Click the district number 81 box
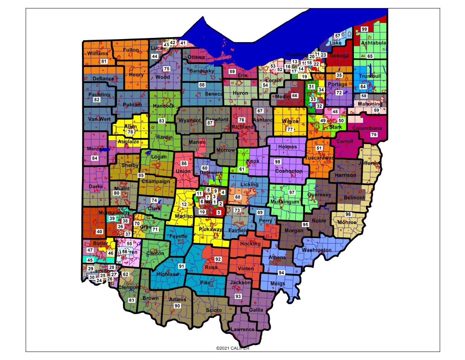(x=104, y=61)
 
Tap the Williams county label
(x=97, y=53)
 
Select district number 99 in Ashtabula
(x=364, y=29)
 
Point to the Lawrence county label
(x=242, y=329)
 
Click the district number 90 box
(x=177, y=306)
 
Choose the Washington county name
(x=316, y=250)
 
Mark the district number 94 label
(x=281, y=273)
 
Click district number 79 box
(x=373, y=135)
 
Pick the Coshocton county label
(x=288, y=171)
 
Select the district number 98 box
(x=278, y=162)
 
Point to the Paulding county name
(x=99, y=94)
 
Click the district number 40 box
(x=99, y=232)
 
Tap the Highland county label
(x=168, y=274)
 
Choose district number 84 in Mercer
(x=94, y=158)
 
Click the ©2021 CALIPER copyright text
(x=232, y=348)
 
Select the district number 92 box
(x=218, y=259)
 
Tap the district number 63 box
(x=131, y=300)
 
